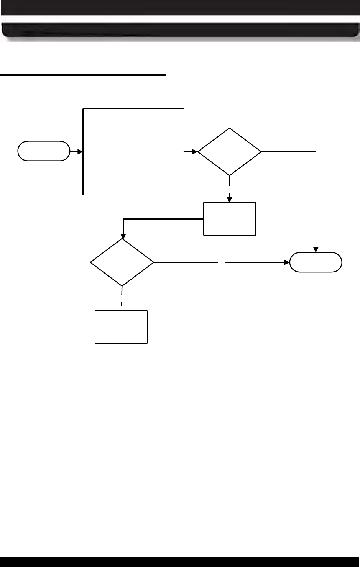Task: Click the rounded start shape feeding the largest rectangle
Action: [44, 151]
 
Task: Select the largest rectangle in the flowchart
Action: [133, 152]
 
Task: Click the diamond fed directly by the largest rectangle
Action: [229, 152]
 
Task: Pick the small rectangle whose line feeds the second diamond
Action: [229, 218]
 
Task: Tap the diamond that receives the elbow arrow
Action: [122, 262]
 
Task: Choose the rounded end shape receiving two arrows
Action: [316, 262]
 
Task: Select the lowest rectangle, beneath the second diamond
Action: [121, 327]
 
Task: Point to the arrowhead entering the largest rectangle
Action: [81, 152]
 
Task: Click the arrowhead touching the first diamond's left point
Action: [195, 152]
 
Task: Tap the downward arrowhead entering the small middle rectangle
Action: [229, 200]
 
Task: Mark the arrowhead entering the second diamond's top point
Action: [123, 236]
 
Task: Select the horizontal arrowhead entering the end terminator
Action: [287, 262]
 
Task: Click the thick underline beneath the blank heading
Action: [83, 75]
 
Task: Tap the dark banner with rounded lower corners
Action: [180, 31]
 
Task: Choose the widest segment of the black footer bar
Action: [196, 562]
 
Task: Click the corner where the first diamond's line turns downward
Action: [316, 152]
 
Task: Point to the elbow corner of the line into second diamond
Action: [123, 219]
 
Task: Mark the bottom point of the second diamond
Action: [122, 286]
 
